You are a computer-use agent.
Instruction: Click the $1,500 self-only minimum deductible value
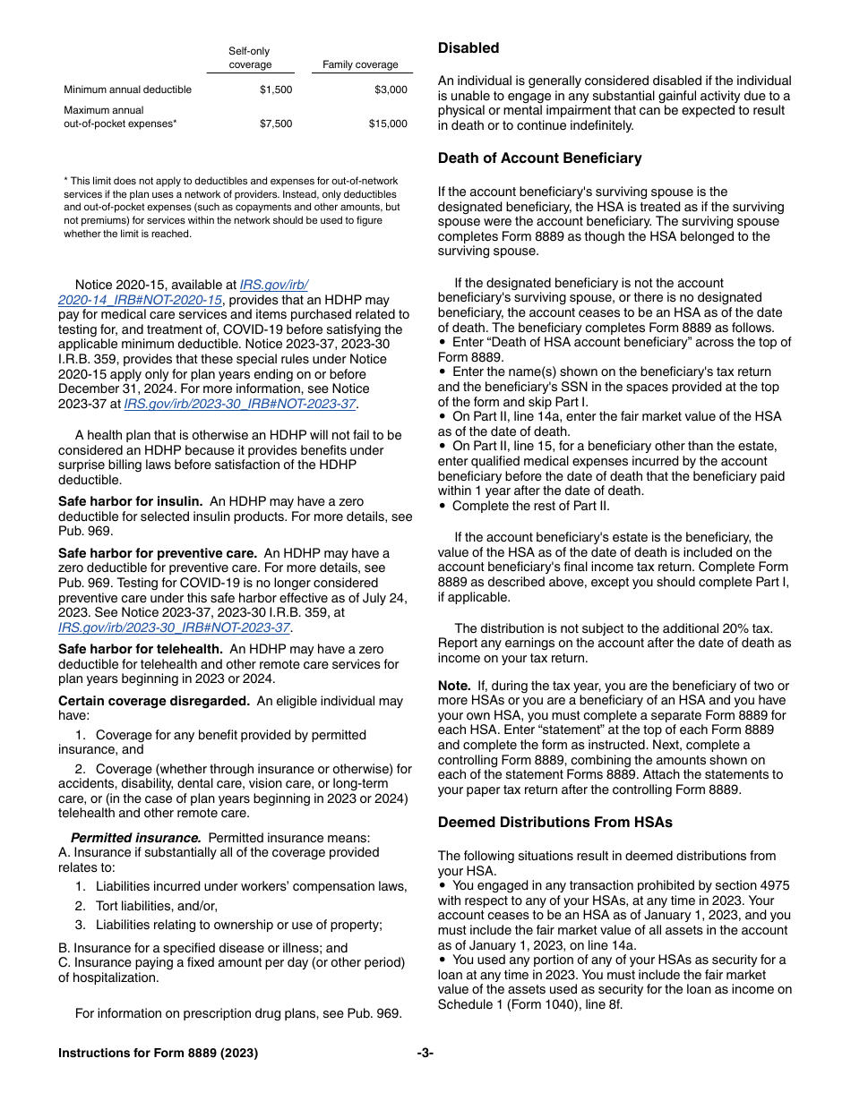[x=276, y=90]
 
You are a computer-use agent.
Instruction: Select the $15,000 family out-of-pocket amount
[x=388, y=124]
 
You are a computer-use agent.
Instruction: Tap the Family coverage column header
[x=360, y=65]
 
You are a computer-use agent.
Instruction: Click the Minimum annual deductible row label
[x=127, y=90]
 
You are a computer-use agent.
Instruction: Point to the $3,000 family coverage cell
[x=391, y=90]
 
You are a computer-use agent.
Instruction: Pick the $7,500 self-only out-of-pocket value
[x=276, y=124]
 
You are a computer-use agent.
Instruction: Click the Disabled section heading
[x=468, y=48]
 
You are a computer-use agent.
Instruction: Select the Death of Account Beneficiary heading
[x=539, y=158]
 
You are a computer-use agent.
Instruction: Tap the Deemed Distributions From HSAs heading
[x=554, y=823]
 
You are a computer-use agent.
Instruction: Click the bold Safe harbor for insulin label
[x=131, y=502]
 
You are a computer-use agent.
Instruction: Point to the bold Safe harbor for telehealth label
[x=141, y=650]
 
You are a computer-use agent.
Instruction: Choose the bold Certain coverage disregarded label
[x=154, y=702]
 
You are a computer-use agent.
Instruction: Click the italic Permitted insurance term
[x=135, y=839]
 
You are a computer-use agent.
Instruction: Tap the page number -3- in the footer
[x=425, y=1054]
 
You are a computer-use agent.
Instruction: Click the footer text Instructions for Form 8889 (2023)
[x=158, y=1054]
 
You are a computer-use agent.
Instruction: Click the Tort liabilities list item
[x=157, y=906]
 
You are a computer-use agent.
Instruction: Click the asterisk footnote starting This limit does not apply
[x=231, y=207]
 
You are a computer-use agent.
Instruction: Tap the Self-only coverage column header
[x=249, y=58]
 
